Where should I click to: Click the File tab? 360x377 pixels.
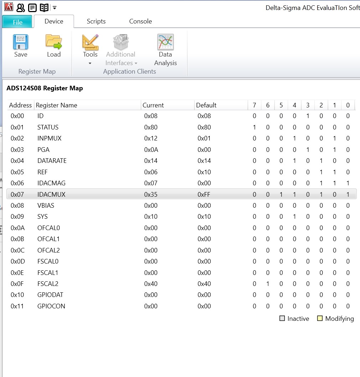coord(17,22)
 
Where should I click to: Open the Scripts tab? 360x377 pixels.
coord(96,21)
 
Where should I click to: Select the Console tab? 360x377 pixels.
coord(140,21)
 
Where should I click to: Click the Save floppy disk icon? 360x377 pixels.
coord(21,42)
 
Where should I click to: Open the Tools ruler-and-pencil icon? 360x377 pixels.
coord(90,42)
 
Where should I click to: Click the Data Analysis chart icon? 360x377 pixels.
coord(165,42)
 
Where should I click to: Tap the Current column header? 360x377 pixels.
coord(153,105)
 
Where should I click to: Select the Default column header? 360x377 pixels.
coord(206,105)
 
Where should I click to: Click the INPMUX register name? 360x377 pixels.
coord(49,138)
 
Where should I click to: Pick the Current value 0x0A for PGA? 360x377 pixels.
coord(151,150)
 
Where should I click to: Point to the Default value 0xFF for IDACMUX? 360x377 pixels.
coord(204,195)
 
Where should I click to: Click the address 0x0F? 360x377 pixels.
coord(17,284)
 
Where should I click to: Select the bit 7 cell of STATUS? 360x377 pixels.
coord(254,127)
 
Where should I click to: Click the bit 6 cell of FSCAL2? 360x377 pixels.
coord(268,284)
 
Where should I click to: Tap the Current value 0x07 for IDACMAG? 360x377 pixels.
coord(151,183)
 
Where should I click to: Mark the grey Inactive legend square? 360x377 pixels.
coord(282,319)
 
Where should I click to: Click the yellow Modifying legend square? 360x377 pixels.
coord(320,319)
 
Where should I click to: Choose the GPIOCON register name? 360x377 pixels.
coord(51,306)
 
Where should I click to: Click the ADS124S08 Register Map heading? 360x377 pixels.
coord(45,88)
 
